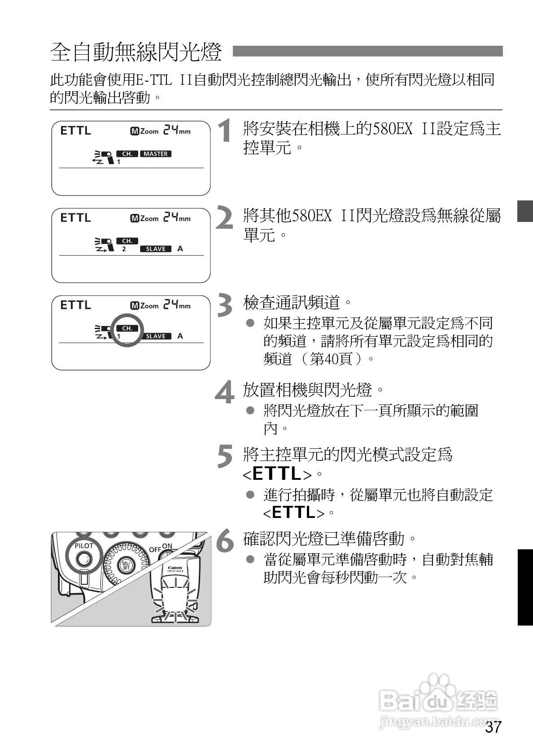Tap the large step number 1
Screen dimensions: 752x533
point(224,131)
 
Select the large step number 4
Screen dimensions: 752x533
point(224,392)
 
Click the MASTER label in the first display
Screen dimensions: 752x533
point(156,154)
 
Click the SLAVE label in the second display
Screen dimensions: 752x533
point(156,249)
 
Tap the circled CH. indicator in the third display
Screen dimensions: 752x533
point(127,329)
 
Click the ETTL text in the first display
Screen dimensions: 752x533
point(75,131)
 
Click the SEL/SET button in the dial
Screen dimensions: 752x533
point(126,565)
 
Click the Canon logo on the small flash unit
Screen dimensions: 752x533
point(175,568)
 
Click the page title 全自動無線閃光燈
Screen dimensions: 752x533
point(136,52)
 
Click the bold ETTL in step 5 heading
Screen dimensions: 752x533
point(277,474)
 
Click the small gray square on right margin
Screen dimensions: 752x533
point(524,211)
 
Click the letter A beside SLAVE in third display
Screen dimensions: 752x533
point(180,336)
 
